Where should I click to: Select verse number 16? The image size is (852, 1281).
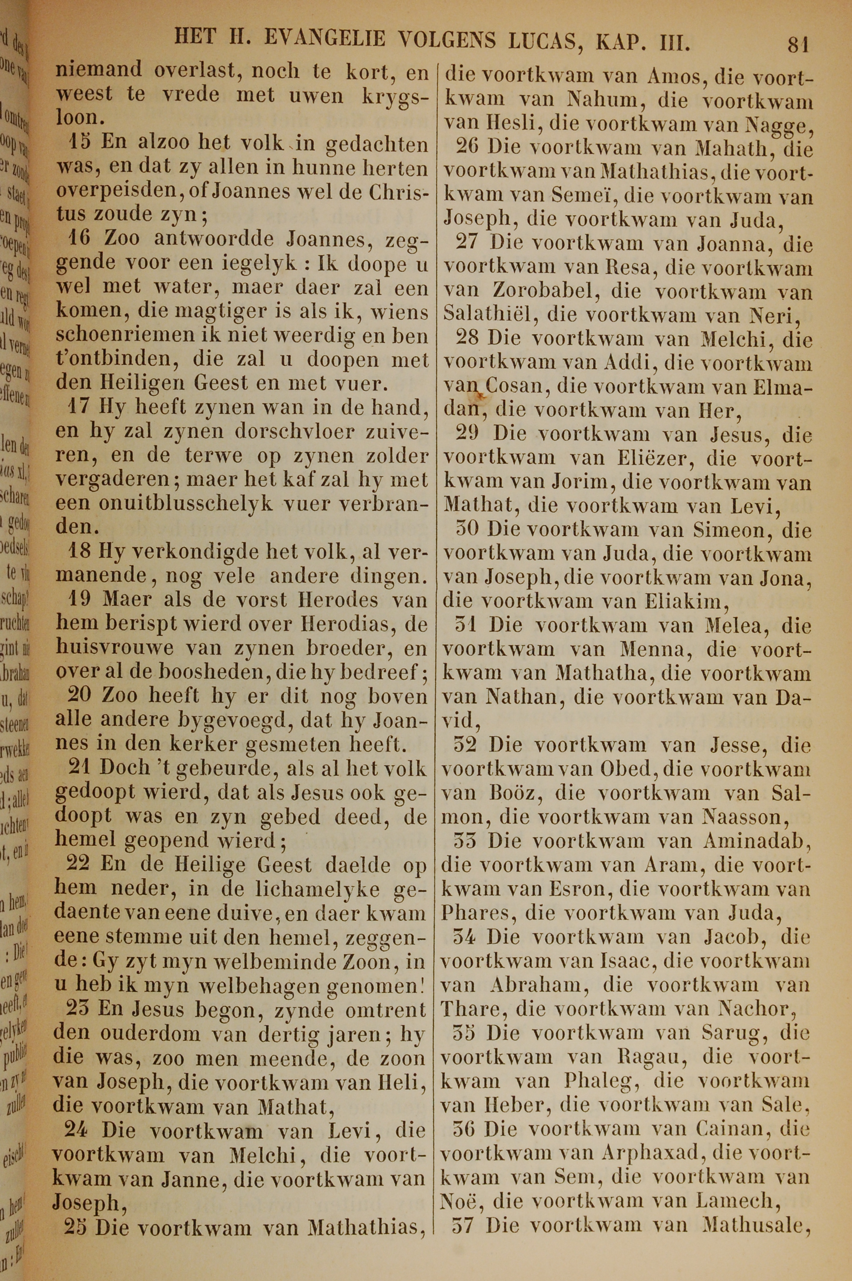pyautogui.click(x=81, y=238)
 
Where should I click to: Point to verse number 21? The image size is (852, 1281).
pyautogui.click(x=79, y=767)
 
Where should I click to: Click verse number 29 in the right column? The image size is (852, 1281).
pyautogui.click(x=466, y=434)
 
